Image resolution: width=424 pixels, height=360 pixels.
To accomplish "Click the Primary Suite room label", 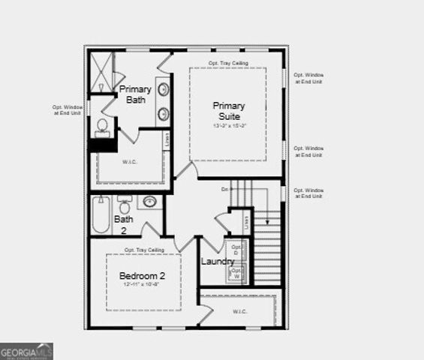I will [228, 111].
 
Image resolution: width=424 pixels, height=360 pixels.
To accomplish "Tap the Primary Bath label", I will [135, 94].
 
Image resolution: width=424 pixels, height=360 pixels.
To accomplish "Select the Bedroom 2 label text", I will [142, 276].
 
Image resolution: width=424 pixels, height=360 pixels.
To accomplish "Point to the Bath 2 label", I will [123, 224].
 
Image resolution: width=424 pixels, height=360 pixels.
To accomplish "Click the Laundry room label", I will [218, 261].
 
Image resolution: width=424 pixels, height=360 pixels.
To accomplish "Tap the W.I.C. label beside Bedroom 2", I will [240, 310].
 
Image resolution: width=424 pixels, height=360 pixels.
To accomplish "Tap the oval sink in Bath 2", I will [149, 201].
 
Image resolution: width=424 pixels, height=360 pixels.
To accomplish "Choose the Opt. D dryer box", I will [236, 250].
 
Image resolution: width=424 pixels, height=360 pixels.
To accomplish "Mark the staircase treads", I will [268, 247].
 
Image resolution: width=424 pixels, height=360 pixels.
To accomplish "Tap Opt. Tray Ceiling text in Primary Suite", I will [228, 63].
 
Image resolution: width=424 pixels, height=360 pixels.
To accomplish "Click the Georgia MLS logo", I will [26, 350].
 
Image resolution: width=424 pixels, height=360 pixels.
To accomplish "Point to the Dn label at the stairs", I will [224, 190].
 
